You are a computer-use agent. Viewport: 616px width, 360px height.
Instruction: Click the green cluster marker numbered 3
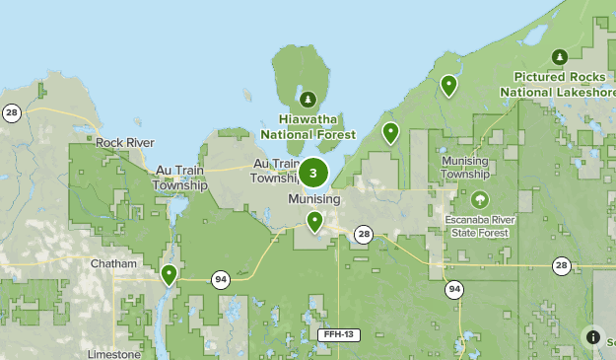(x=313, y=174)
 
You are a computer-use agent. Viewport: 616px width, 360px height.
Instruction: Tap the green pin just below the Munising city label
(x=314, y=221)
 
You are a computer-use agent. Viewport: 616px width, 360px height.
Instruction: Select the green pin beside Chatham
(x=169, y=274)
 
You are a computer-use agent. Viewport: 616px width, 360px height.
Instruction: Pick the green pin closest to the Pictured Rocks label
(x=448, y=86)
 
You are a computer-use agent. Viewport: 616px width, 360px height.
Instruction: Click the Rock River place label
(x=125, y=143)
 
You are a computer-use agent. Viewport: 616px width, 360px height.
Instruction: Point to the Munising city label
(x=314, y=199)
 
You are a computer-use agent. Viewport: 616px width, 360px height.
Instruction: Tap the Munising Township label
(x=464, y=167)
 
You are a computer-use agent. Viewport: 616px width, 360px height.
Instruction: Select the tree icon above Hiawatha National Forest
(x=308, y=99)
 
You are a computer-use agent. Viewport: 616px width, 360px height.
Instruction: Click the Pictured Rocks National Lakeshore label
(x=558, y=84)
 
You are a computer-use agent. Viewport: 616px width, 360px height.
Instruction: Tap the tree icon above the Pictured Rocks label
(x=559, y=55)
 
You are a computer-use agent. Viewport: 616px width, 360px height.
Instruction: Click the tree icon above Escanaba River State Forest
(x=480, y=199)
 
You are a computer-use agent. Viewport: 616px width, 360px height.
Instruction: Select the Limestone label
(x=113, y=354)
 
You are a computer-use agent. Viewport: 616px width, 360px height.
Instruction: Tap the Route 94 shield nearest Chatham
(x=220, y=280)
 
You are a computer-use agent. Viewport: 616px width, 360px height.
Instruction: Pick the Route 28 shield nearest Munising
(x=364, y=234)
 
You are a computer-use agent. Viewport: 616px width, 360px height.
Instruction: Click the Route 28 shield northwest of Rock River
(x=12, y=113)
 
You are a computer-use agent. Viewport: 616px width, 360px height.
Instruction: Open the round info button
(x=593, y=337)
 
